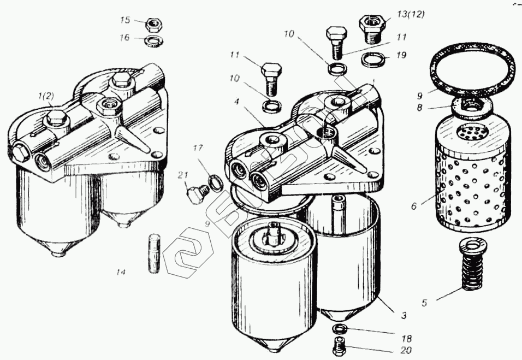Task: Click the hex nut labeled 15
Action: pyautogui.click(x=153, y=23)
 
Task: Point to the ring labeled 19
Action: pyautogui.click(x=372, y=58)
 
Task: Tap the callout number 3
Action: pyautogui.click(x=404, y=316)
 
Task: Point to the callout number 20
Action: pyautogui.click(x=405, y=350)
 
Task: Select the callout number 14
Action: pyautogui.click(x=121, y=272)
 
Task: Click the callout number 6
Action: pyautogui.click(x=413, y=206)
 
